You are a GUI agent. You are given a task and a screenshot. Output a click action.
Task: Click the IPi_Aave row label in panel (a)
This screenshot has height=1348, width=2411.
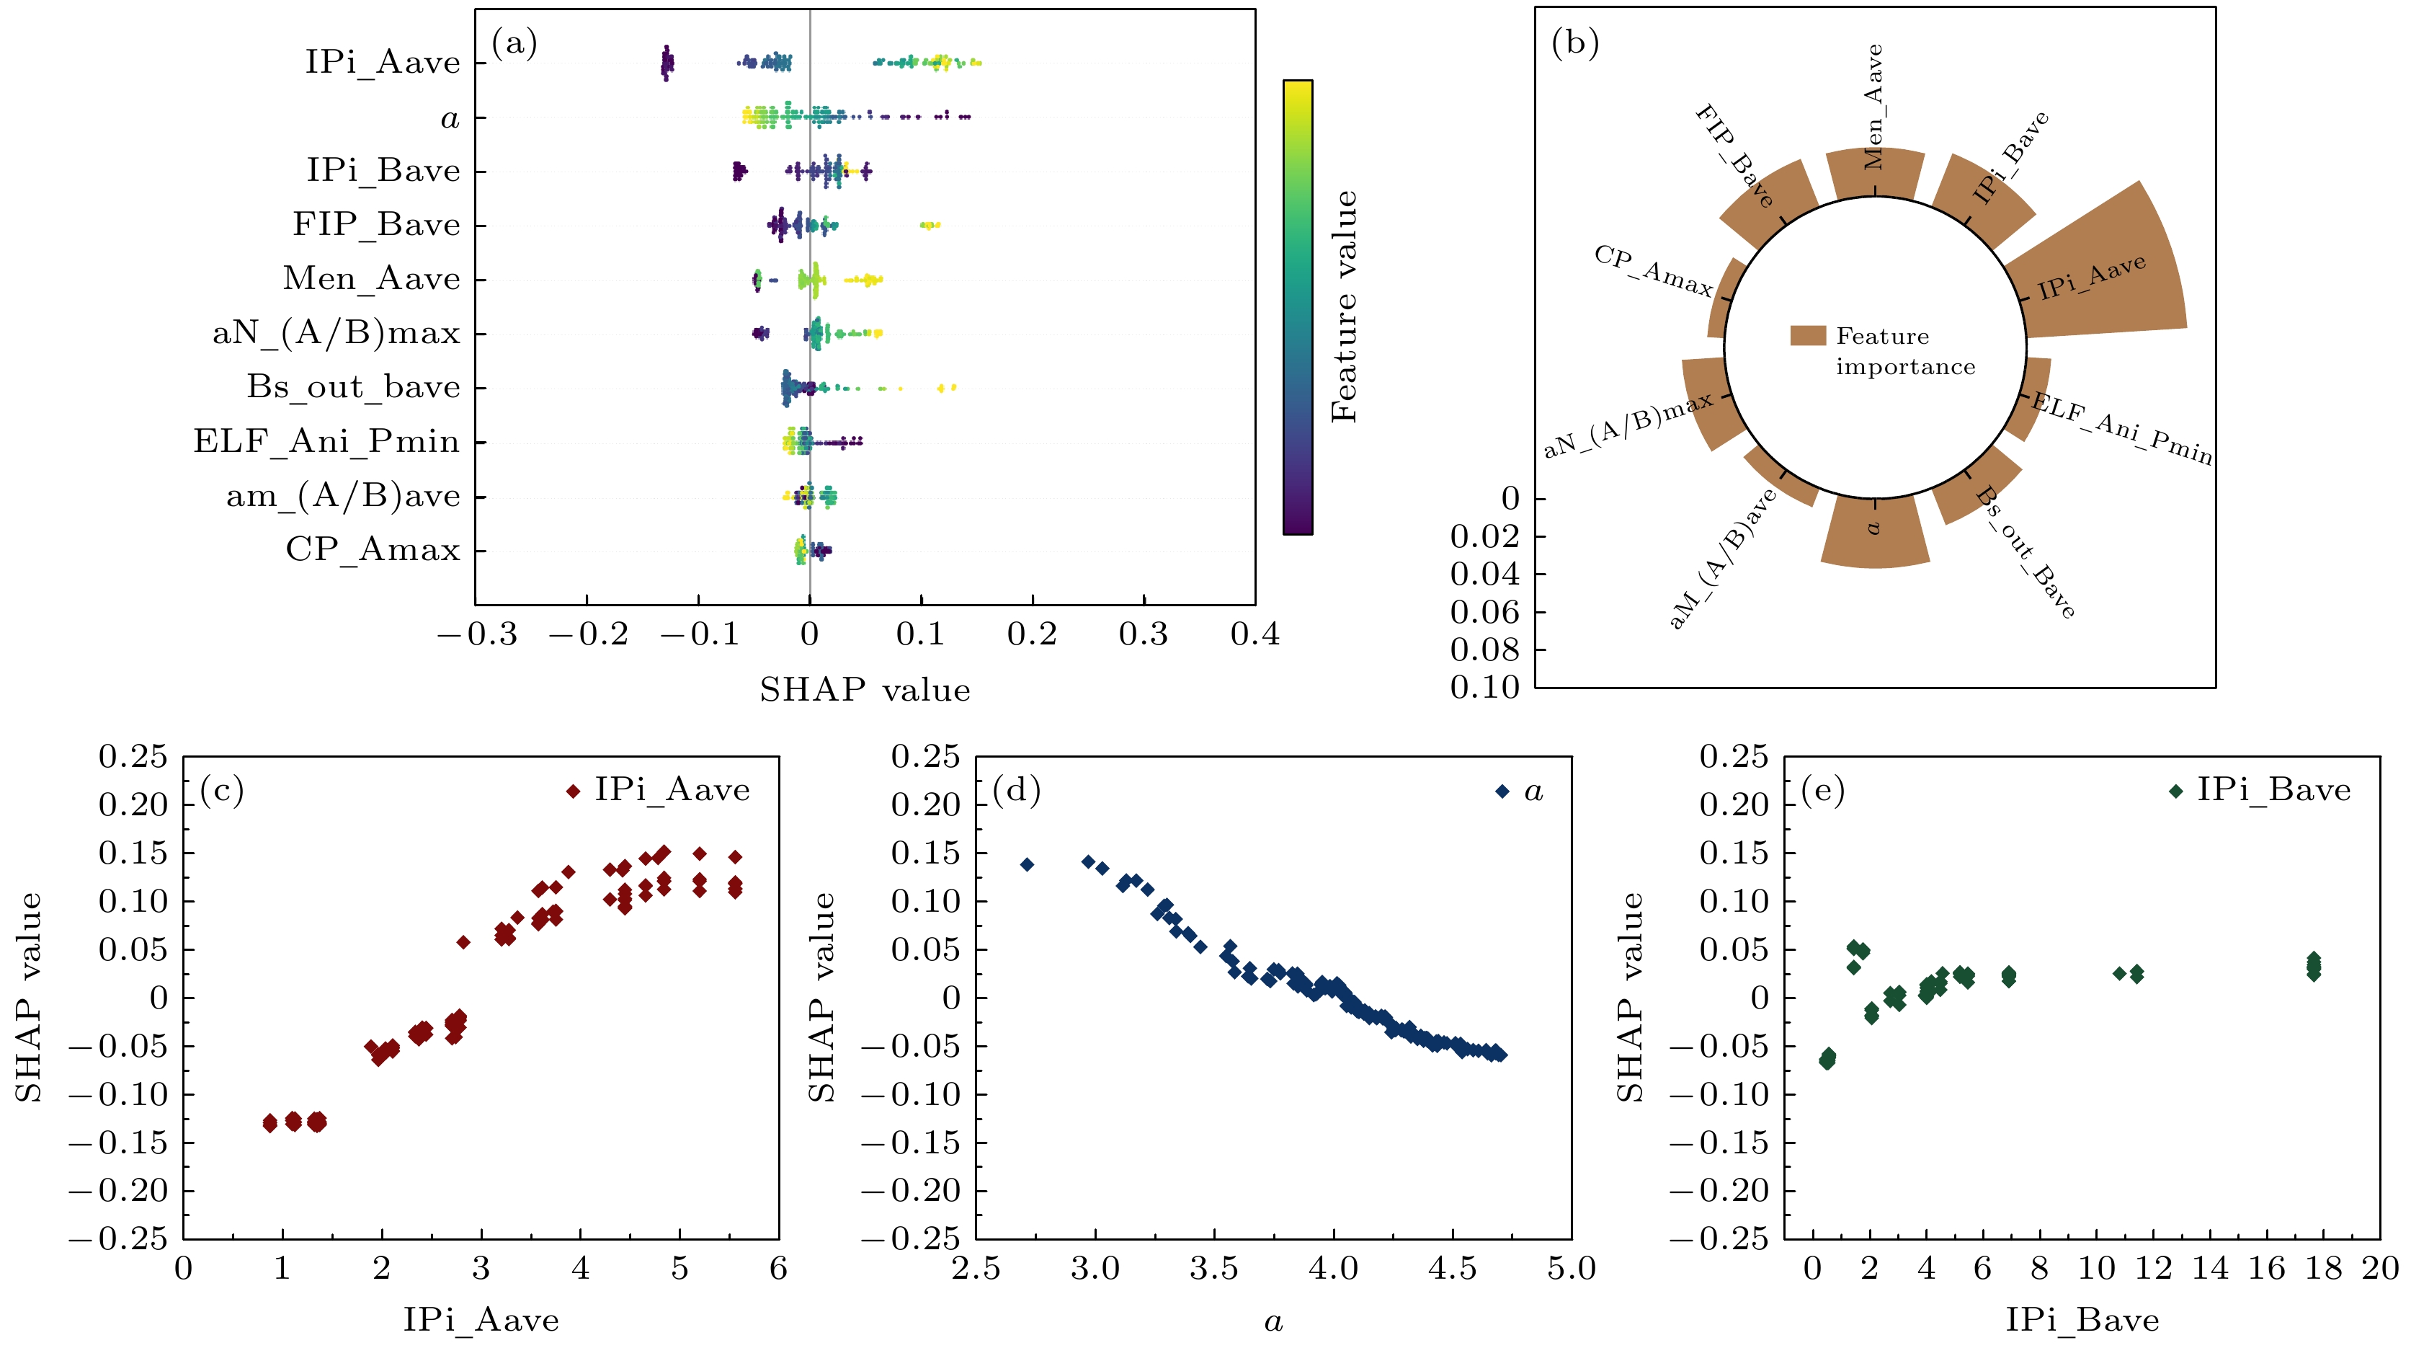coord(383,63)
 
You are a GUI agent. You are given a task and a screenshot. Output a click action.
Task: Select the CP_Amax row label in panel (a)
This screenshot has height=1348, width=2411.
coord(373,549)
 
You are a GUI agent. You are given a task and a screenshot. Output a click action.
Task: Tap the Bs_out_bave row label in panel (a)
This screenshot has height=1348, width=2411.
coord(354,386)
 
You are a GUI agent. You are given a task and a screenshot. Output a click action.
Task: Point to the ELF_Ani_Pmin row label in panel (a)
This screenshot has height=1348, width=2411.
coord(326,441)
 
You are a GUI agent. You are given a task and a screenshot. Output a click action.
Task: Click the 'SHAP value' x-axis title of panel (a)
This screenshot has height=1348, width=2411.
coord(864,691)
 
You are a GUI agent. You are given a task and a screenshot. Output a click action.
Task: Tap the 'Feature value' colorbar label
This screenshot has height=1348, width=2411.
coord(1343,306)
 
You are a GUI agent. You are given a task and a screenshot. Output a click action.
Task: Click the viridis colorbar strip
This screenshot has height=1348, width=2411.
coord(1297,306)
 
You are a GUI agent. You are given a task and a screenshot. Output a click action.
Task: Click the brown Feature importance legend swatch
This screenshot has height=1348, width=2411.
coord(1807,336)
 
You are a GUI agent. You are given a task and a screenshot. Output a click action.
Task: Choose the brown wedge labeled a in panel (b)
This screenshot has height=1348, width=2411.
coord(1875,533)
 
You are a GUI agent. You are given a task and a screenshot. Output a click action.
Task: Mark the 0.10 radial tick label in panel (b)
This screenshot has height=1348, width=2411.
coord(1485,688)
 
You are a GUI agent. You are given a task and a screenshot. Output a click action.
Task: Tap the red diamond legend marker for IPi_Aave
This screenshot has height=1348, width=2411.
coord(573,792)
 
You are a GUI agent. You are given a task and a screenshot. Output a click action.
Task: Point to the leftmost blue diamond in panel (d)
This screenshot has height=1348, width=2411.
coord(1027,864)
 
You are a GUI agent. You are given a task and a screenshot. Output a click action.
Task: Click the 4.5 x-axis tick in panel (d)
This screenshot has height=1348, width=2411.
coord(1452,1269)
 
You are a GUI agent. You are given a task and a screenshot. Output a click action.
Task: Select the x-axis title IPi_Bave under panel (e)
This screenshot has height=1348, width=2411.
coord(2082,1321)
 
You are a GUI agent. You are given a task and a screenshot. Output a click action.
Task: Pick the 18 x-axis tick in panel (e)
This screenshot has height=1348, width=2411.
coord(2324,1269)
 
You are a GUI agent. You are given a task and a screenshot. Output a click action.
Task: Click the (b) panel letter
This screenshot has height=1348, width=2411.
coord(1575,43)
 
